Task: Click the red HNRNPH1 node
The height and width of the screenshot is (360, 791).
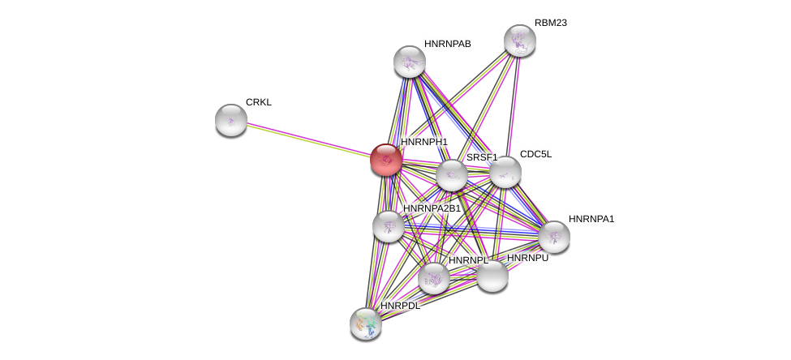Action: tap(386, 160)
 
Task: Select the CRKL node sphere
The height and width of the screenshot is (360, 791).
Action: tap(231, 120)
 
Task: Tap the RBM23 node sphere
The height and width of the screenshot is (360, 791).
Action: tap(519, 41)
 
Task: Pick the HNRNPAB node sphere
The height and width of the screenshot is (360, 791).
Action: tap(409, 62)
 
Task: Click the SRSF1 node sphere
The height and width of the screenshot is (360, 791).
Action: tap(452, 175)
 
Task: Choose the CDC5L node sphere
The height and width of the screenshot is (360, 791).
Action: tap(505, 172)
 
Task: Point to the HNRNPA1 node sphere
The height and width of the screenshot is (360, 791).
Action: tap(554, 237)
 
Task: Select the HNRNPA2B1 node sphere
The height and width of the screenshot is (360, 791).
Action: tap(389, 226)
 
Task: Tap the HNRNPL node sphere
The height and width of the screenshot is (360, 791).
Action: tap(434, 278)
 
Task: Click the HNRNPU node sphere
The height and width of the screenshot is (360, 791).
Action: tap(492, 276)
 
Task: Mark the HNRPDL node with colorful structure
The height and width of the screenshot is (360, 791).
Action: tap(366, 324)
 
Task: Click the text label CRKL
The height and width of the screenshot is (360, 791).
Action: tap(259, 102)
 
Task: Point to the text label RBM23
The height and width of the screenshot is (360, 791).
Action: tap(551, 24)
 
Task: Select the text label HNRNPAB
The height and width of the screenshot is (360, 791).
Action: tap(448, 44)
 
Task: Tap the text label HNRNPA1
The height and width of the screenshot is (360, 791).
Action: tap(591, 219)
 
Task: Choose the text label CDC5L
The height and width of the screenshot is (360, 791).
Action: tap(535, 154)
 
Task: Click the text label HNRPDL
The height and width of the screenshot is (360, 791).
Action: tap(400, 306)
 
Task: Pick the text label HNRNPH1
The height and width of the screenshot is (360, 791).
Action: tap(424, 142)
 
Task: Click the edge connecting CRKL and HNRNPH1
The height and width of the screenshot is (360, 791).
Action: tap(309, 140)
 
